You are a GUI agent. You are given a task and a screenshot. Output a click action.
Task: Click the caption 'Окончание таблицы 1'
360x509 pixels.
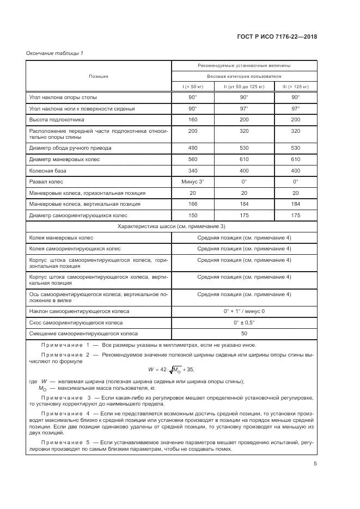pos(54,53)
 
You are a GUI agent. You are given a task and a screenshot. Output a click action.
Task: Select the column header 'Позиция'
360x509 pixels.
pos(99,76)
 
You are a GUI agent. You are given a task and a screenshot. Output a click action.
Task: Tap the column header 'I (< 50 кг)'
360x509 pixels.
pos(193,87)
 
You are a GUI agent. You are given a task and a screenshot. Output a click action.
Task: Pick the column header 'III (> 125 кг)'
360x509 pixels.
pos(295,87)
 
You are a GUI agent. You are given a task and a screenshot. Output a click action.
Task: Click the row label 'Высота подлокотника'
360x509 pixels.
pos(57,119)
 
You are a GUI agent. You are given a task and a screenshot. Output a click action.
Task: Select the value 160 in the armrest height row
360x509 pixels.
pos(193,119)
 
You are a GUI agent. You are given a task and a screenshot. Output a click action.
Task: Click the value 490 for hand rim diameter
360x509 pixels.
pos(193,148)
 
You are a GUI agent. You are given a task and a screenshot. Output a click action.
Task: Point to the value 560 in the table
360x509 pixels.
pos(193,159)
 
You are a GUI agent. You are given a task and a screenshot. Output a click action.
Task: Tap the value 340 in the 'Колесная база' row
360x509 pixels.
pos(193,170)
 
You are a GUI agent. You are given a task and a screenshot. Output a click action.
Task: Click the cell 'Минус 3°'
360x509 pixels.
pos(193,181)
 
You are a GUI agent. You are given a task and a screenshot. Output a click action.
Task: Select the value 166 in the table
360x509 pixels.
pos(193,204)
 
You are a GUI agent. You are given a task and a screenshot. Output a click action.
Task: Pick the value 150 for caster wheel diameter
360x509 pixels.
pos(193,215)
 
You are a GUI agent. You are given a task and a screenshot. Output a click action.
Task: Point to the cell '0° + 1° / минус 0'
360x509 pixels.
pos(244,311)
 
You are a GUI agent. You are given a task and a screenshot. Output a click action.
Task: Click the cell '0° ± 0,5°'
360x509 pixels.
pos(244,322)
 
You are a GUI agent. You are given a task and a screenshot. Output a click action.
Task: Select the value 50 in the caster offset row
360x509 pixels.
pos(244,333)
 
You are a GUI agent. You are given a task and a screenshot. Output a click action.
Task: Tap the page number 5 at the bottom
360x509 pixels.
pos(315,464)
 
